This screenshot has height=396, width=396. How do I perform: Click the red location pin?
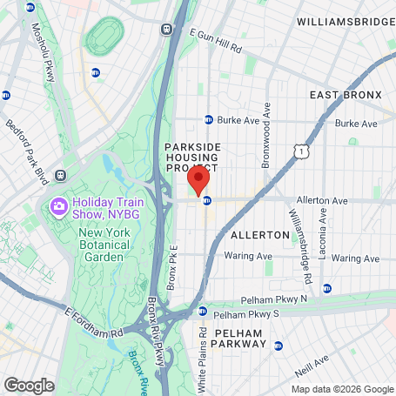[x=198, y=181]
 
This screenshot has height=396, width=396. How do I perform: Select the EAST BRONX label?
[x=346, y=95]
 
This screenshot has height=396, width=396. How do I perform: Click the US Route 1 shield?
[x=300, y=152]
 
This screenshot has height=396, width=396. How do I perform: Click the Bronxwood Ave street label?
[x=267, y=136]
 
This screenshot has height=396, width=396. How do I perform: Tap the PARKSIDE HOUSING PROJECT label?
[x=192, y=158]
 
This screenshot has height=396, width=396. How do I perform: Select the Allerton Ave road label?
[x=321, y=199]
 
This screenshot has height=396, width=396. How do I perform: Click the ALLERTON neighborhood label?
[x=259, y=235]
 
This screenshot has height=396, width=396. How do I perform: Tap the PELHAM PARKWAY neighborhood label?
[x=232, y=338]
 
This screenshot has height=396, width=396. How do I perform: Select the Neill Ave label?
[x=312, y=361]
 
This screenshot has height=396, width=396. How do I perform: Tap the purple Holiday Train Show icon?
[x=59, y=206]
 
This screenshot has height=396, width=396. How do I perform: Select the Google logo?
[x=29, y=384]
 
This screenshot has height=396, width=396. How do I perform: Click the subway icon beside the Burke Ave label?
[x=209, y=120]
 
